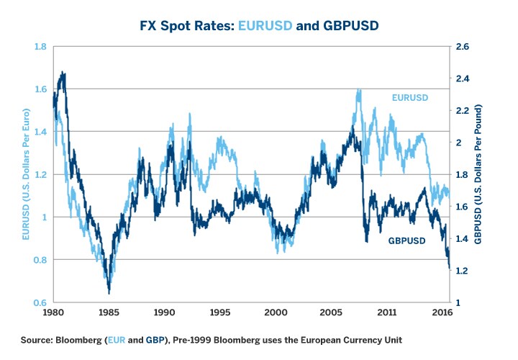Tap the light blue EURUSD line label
pos(409,97)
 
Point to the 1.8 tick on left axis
pos(40,47)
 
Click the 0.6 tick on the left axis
pos(40,302)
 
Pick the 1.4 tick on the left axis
pos(40,132)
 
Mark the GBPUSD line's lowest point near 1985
pos(109,292)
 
